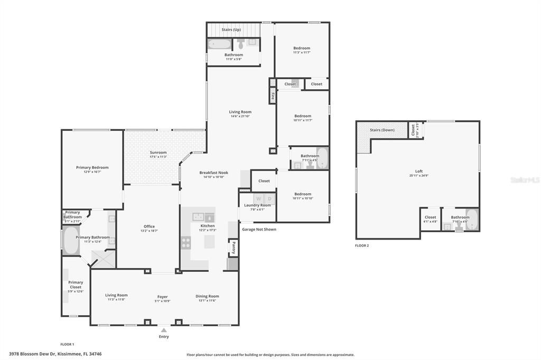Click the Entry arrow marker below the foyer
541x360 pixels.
point(164,330)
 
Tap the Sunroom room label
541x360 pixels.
point(158,153)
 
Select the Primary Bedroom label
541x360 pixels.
point(92,167)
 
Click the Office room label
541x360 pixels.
point(149,226)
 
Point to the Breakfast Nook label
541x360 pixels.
point(213,173)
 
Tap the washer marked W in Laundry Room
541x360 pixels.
point(259,198)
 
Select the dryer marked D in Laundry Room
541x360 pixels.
point(269,198)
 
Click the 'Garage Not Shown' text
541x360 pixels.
point(259,230)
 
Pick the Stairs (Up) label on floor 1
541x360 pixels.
point(231,30)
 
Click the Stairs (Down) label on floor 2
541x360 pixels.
point(382,130)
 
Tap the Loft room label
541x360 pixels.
point(418,171)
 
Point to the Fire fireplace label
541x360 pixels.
point(273,97)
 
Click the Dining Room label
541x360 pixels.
point(207,296)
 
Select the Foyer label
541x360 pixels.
point(162,297)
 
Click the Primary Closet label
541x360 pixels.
point(76,285)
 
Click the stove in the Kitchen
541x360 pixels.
point(186,242)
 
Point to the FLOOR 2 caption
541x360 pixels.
point(362,245)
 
